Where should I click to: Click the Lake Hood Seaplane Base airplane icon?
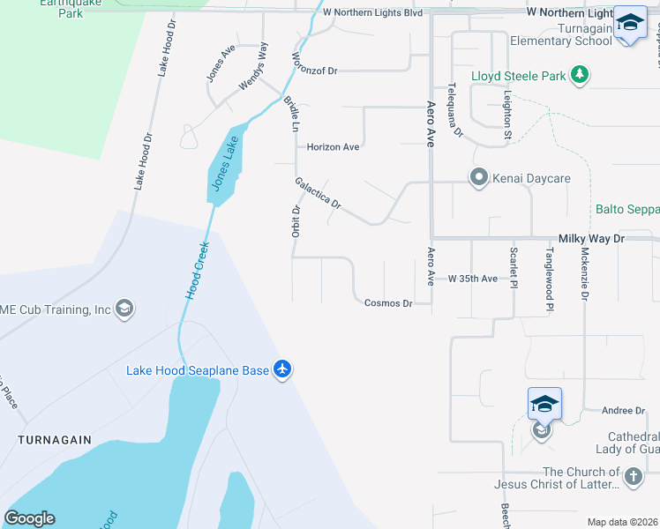pos(282,369)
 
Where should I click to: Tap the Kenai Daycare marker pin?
pos(479,178)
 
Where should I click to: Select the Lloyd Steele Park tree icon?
pos(580,76)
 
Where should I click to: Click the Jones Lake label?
pos(224,165)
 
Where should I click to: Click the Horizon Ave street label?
pos(333,147)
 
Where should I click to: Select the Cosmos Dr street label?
pos(388,303)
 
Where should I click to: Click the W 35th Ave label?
pos(473,279)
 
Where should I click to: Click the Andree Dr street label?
pos(623,411)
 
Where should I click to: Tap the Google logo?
pos(29,518)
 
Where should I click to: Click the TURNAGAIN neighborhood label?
pos(50,438)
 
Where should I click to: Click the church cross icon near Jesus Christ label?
pos(632,478)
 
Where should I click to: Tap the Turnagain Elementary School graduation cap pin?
pos(630,23)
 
